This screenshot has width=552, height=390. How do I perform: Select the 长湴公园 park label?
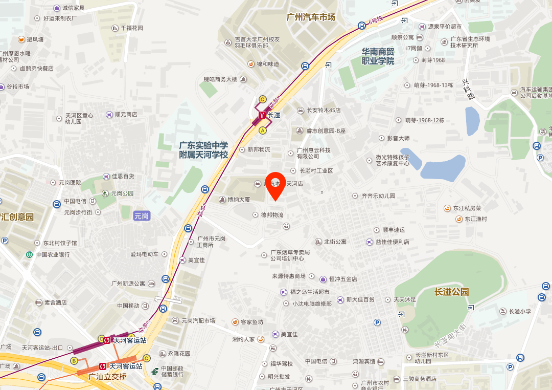451,292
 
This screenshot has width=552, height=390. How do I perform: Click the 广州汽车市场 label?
311,17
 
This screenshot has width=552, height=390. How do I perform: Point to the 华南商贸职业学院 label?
378,56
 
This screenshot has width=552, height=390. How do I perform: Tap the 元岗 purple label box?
141,216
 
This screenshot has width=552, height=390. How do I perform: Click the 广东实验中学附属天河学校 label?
203,150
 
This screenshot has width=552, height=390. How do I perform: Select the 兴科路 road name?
467,89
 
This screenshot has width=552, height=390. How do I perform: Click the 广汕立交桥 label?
107,377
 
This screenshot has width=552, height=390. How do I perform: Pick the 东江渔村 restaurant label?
475,219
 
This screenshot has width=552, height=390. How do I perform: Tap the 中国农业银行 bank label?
53,254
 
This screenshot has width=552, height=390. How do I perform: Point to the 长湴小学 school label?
519,311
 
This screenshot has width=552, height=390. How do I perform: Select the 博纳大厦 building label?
238,200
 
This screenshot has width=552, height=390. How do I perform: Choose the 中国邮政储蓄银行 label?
172,372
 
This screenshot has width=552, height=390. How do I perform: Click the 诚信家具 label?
73,8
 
